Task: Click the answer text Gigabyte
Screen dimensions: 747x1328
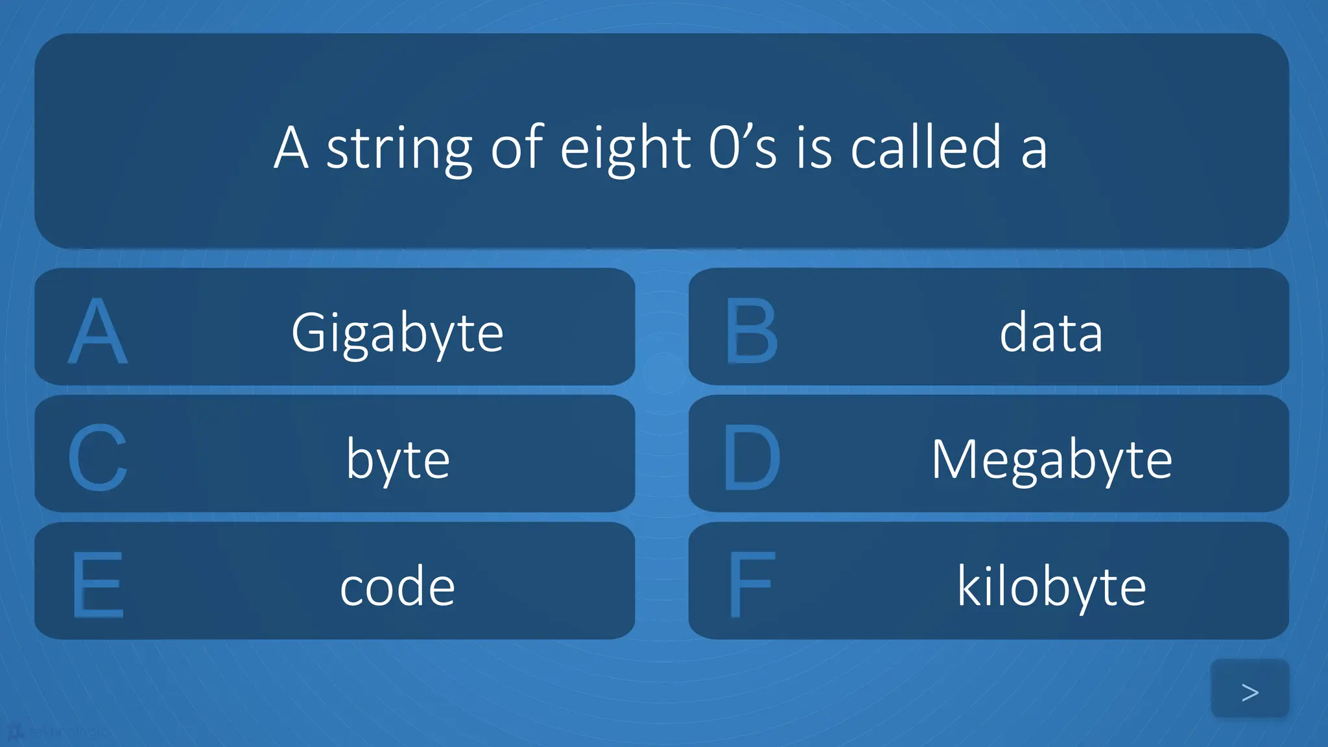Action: (397, 332)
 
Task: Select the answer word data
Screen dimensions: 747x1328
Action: (1050, 332)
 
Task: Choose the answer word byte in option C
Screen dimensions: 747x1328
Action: (397, 459)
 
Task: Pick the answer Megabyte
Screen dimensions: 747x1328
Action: (1051, 459)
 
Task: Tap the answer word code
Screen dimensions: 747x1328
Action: (397, 586)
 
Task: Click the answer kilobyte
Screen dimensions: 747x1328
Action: (1051, 586)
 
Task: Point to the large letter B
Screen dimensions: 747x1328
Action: (751, 331)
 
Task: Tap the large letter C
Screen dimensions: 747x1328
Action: (97, 458)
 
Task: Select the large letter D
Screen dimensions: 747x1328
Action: (751, 458)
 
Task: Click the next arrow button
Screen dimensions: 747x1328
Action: (1250, 690)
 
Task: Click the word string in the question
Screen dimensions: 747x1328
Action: (398, 149)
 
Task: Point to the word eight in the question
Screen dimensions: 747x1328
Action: (625, 149)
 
